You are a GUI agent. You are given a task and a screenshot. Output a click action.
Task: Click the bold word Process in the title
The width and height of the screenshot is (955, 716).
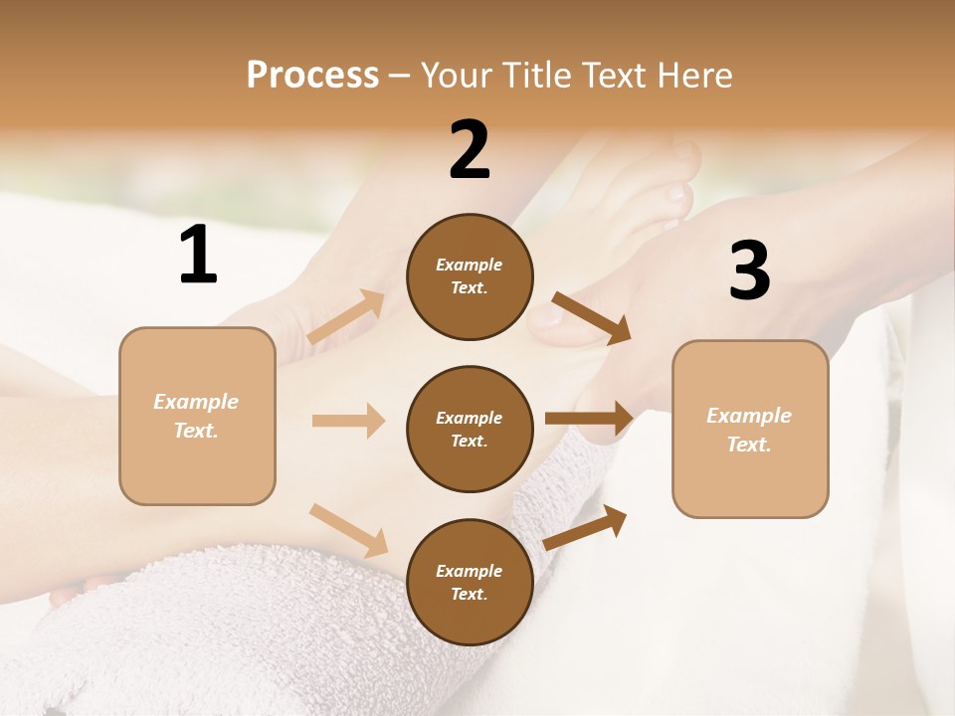[x=312, y=76]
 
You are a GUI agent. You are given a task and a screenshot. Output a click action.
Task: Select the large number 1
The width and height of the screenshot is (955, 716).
[x=198, y=255]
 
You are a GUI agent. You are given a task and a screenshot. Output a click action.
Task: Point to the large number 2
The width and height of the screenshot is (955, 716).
[x=470, y=150]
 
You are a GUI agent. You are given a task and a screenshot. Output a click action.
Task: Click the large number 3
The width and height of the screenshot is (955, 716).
[x=749, y=270]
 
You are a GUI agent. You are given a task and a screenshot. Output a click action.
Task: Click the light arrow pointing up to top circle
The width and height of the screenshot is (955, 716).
[x=346, y=317]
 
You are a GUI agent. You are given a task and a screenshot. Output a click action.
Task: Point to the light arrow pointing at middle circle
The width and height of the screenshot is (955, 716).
[x=348, y=421]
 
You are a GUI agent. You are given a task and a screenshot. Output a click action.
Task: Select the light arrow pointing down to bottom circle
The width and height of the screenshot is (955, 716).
[x=348, y=529]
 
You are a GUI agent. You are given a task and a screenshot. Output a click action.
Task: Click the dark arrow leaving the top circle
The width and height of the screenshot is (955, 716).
[x=592, y=318]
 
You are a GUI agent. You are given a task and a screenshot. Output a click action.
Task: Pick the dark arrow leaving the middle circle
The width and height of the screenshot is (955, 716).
[x=589, y=418]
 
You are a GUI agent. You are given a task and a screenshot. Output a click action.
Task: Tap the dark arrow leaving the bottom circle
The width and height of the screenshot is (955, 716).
[x=585, y=527]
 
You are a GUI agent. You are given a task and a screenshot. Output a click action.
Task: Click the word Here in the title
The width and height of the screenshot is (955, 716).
[x=696, y=76]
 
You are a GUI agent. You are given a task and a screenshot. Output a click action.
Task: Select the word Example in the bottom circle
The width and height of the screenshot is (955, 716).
[x=469, y=571]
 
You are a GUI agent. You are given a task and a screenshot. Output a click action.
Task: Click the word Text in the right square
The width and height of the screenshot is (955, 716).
[x=747, y=445]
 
